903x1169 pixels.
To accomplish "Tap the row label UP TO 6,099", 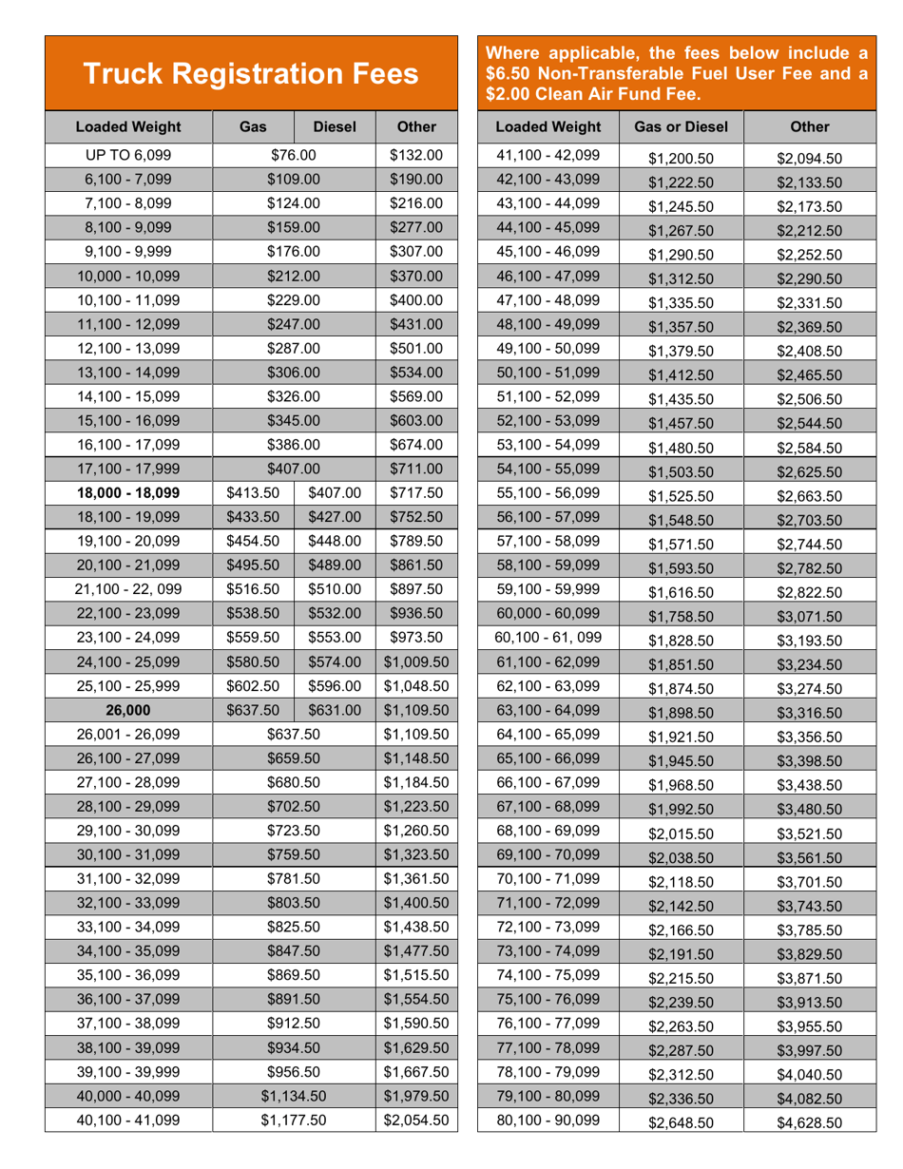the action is pyautogui.click(x=128, y=155).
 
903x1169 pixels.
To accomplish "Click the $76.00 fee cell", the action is pyautogui.click(x=293, y=155).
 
